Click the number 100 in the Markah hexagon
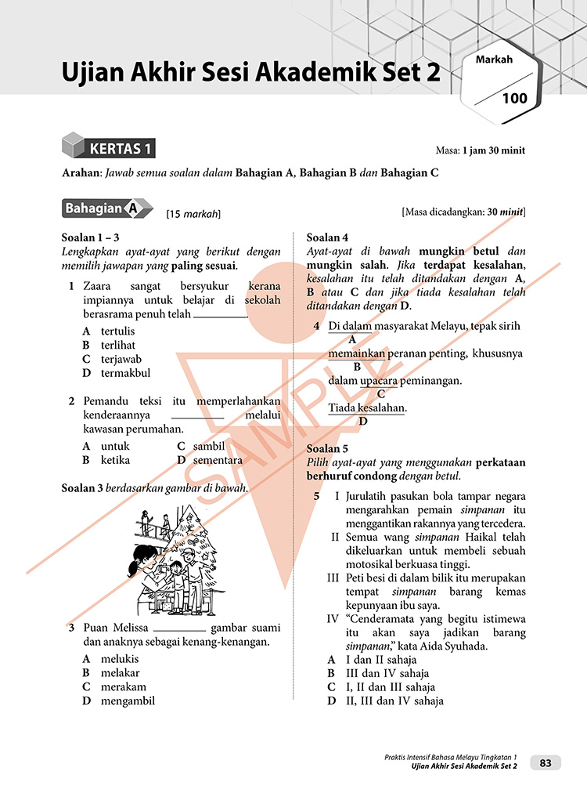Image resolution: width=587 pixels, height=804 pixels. [x=515, y=99]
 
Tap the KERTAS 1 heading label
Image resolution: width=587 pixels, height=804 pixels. [x=121, y=148]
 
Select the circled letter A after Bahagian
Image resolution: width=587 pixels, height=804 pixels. [x=132, y=209]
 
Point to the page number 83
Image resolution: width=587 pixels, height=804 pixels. [x=546, y=762]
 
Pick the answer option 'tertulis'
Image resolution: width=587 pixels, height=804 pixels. [x=117, y=331]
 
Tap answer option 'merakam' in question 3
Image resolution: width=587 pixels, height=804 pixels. [x=120, y=686]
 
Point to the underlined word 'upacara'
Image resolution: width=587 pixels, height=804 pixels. [x=380, y=381]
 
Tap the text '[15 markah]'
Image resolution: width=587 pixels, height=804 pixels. [x=193, y=213]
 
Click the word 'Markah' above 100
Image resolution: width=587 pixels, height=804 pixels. [x=493, y=60]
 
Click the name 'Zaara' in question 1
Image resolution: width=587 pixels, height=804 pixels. [x=98, y=286]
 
